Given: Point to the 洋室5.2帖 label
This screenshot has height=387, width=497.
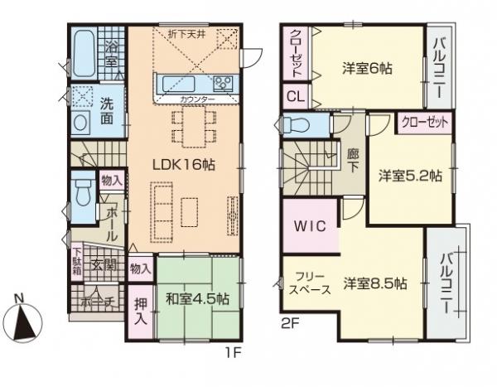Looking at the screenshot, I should tap(410, 176).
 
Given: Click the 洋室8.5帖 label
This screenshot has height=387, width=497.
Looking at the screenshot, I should tap(375, 283).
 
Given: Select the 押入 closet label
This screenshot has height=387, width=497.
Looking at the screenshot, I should tap(140, 308).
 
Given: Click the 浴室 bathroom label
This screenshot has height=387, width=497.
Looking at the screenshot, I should tap(112, 52).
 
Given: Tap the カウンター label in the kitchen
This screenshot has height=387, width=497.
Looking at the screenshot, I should tap(197, 100).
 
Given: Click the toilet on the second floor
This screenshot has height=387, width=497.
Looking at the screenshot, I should tap(297, 125).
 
